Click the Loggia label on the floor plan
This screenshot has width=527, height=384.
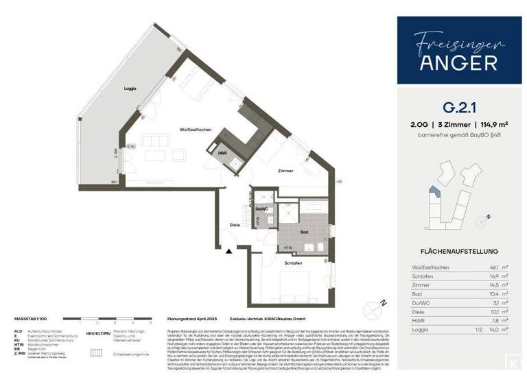coord(130,88)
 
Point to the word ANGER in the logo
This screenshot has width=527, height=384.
coord(454,63)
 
